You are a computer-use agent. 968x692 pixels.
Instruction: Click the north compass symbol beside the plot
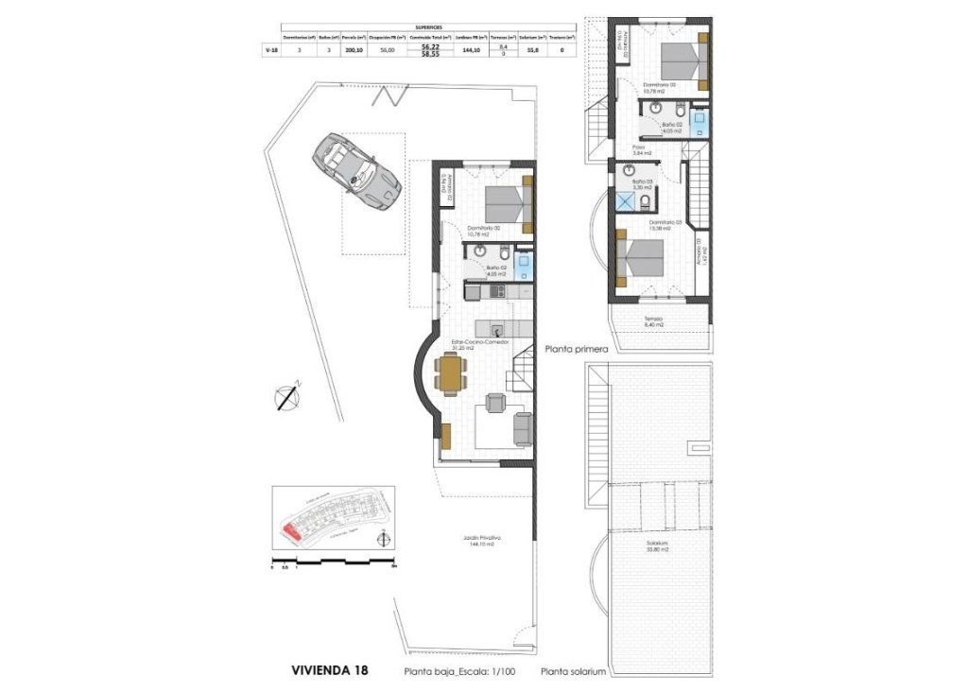coord(286,397)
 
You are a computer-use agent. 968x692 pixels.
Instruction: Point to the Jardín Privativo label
coord(482,541)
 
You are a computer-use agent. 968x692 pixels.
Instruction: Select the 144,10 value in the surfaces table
coord(467,50)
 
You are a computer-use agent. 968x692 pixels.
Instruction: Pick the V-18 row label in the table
coord(272,50)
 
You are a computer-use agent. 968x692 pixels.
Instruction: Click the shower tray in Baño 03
coord(625,201)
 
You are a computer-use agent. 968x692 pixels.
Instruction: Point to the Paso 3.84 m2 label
coord(640,151)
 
